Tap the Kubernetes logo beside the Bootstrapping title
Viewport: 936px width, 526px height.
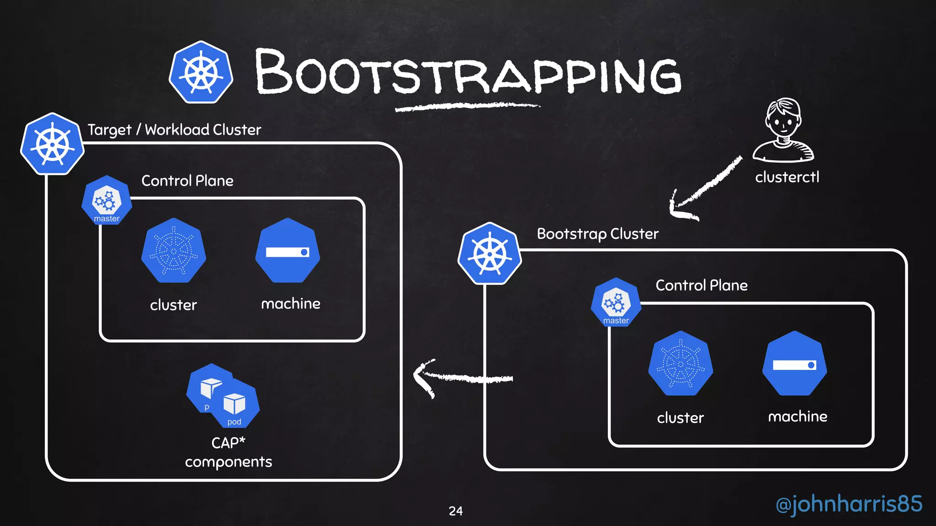[201, 72]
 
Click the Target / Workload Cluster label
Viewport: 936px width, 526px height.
[174, 130]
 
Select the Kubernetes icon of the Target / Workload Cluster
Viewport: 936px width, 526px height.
[53, 144]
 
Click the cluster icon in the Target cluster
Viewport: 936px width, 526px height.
[174, 251]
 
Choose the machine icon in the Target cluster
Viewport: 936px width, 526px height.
[287, 251]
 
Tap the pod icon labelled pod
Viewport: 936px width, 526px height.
[235, 404]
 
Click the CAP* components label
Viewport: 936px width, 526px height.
[229, 452]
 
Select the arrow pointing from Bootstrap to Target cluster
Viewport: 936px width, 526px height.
[462, 378]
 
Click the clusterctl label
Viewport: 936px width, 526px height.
[787, 177]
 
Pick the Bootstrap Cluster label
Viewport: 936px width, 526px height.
[597, 234]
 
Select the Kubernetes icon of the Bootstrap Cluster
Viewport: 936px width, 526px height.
[490, 253]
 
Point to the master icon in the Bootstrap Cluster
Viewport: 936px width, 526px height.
[616, 302]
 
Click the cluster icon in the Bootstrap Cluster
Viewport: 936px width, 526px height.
[681, 363]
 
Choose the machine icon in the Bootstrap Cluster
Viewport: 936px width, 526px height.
[795, 363]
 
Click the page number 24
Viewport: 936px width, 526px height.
[456, 511]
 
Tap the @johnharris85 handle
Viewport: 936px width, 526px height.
[849, 504]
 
